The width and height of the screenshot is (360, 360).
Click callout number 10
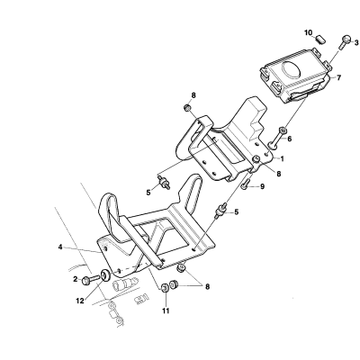point(309,32)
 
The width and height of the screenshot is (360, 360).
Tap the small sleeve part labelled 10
point(320,39)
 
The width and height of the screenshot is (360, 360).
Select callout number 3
point(356,42)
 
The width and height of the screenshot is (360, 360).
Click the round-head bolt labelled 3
point(345,42)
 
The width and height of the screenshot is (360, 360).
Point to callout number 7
point(338,77)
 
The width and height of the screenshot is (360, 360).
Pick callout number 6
point(289,139)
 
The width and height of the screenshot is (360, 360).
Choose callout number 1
point(282,158)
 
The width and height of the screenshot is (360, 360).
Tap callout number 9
point(262,186)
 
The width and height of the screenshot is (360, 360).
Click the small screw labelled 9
point(245,184)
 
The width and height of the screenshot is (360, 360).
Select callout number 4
point(60,247)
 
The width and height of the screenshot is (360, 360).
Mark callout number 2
point(76,279)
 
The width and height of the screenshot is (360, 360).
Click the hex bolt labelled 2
point(90,280)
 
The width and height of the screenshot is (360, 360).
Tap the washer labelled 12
point(105,275)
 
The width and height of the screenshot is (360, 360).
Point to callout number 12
point(80,301)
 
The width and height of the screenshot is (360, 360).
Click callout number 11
point(166,310)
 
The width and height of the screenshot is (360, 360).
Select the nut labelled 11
point(165,288)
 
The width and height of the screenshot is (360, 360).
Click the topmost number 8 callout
point(193,95)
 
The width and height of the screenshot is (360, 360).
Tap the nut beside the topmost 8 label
point(187,107)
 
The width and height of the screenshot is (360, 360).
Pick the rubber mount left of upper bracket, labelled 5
point(164,183)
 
